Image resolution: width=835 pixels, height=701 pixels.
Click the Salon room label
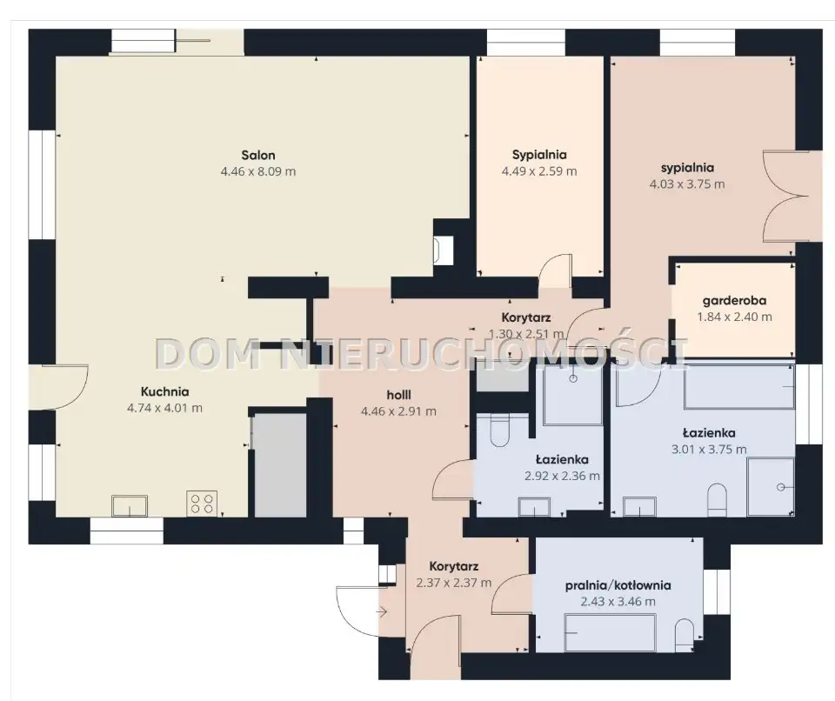[258, 156]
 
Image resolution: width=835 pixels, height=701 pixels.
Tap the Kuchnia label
[164, 392]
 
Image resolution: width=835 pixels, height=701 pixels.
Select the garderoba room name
[734, 301]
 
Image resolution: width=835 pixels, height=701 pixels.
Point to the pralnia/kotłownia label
[618, 586]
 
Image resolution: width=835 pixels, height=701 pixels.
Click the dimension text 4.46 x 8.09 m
[258, 171]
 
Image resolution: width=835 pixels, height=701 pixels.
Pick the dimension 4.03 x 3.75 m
[687, 184]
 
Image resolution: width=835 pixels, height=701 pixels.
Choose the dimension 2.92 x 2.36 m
[562, 477]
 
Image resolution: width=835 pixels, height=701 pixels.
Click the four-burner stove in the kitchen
[202, 504]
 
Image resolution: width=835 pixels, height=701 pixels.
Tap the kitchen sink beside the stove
[130, 505]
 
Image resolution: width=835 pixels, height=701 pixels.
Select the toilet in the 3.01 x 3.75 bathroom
[717, 499]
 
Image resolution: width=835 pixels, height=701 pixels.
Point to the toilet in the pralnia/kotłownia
[685, 635]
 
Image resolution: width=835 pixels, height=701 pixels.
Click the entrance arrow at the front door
[381, 612]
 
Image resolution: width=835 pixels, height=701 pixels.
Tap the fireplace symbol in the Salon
[443, 250]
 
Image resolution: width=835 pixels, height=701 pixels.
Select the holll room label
[398, 395]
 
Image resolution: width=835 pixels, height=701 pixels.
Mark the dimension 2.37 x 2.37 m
[454, 583]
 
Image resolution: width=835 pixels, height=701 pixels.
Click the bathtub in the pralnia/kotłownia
[610, 633]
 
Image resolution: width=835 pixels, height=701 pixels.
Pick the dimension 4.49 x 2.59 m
[539, 171]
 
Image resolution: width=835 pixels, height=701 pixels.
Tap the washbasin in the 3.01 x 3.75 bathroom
[639, 506]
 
